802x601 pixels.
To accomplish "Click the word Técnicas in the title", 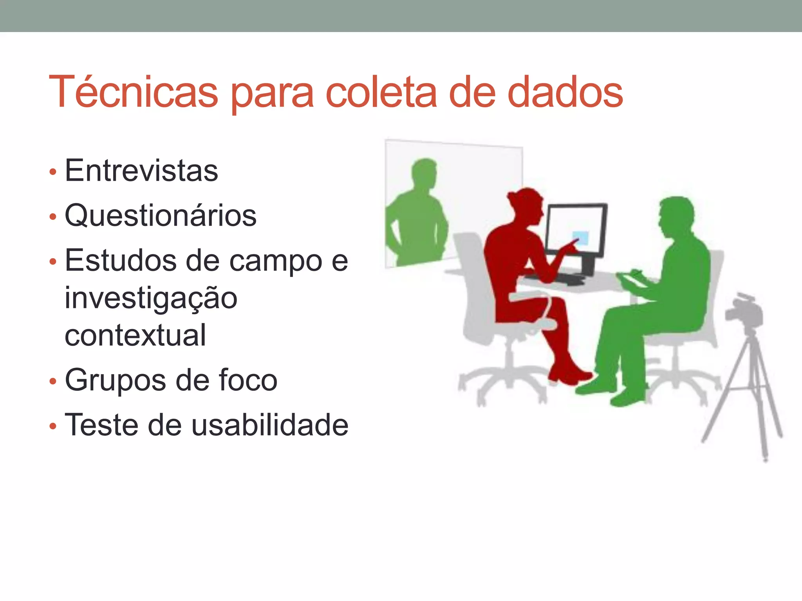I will point(133,92).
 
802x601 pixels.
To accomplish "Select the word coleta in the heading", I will point(381,92).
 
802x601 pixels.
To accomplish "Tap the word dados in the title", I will point(565,92).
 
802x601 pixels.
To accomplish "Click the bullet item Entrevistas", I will point(141,171).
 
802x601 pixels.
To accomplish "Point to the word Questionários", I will point(161,216).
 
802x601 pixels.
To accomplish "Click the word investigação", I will point(151,298).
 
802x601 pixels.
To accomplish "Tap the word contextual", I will point(135,335).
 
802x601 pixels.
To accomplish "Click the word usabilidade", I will point(270,425).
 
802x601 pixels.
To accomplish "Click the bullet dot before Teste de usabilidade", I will point(53,426).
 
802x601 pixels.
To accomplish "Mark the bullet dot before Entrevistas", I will point(53,172).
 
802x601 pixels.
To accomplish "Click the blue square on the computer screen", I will point(580,238).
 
